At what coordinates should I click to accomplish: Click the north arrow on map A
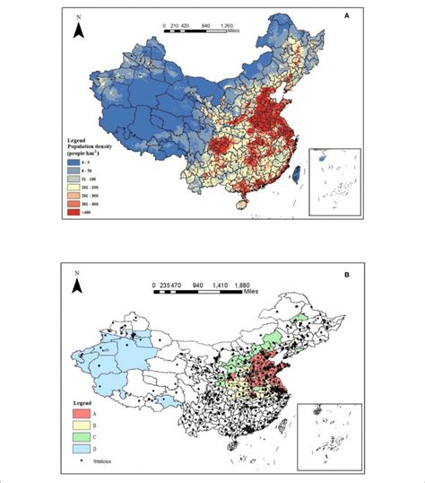tap(80, 30)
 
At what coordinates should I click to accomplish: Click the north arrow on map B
tap(79, 285)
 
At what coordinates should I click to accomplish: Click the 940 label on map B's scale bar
tap(202, 288)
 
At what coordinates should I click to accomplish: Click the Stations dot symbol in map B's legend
tap(74, 461)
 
